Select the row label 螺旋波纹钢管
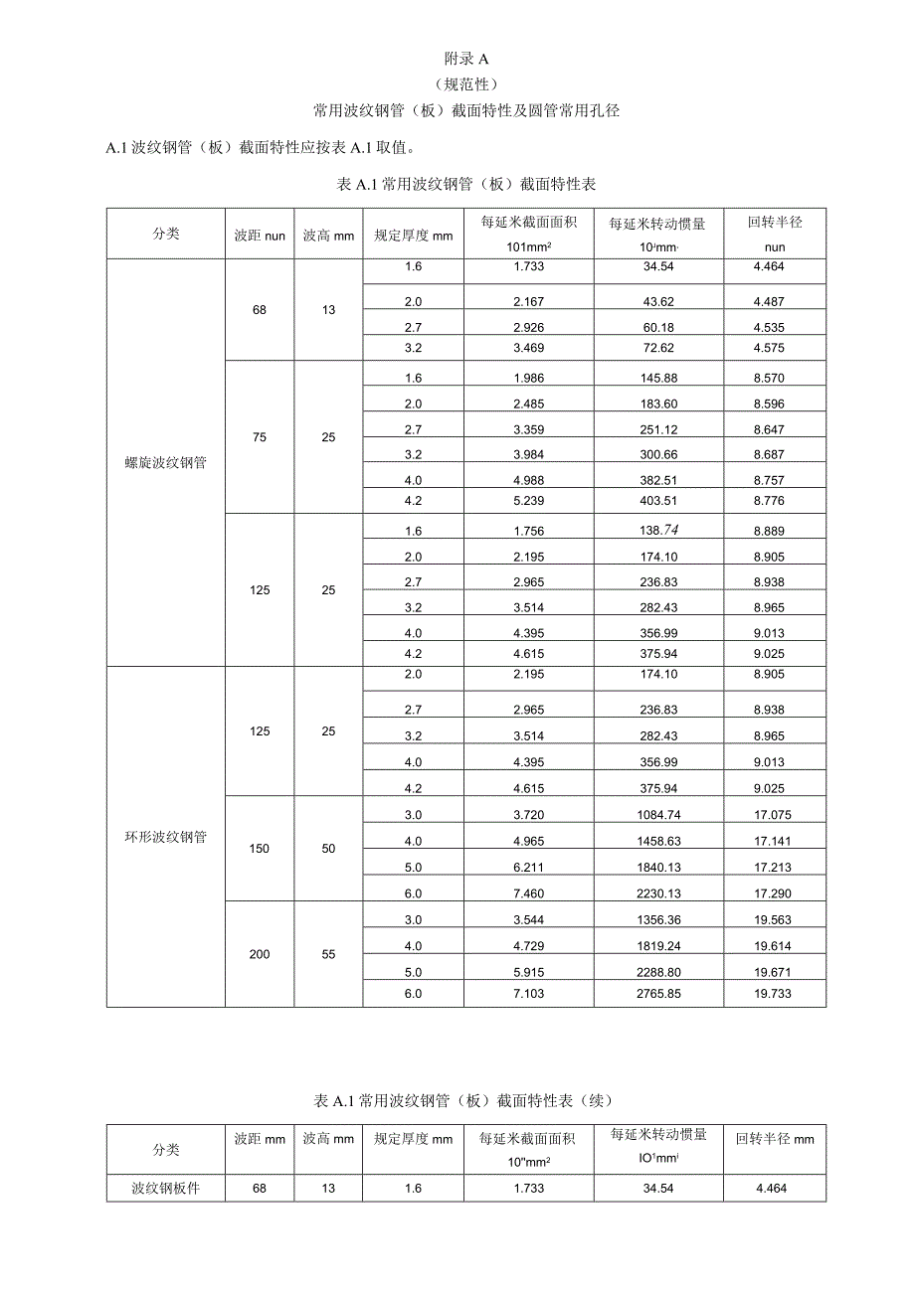click(166, 462)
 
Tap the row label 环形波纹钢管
click(166, 837)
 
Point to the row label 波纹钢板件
click(166, 1189)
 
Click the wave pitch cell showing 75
click(260, 437)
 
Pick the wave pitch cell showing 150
click(260, 849)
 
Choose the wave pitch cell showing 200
click(260, 954)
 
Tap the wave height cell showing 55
click(329, 954)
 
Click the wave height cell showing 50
click(329, 849)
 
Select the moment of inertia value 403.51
click(658, 500)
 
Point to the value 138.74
click(658, 531)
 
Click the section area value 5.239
click(529, 500)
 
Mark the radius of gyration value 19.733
click(775, 993)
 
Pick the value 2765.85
click(658, 993)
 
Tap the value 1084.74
click(658, 815)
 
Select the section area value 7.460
click(529, 893)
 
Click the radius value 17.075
click(775, 815)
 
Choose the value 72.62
click(658, 348)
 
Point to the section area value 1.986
click(529, 378)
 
